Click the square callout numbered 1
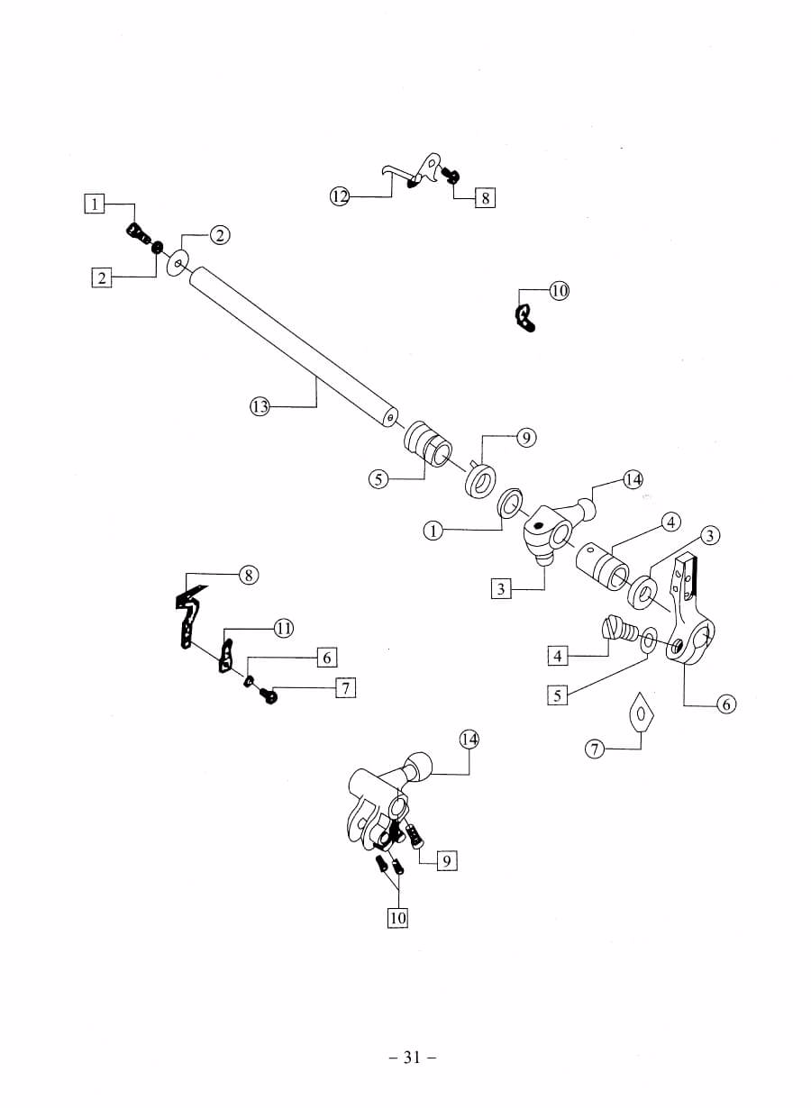(x=95, y=204)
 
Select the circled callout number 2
(x=220, y=236)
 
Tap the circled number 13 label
(x=260, y=407)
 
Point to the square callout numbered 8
(x=485, y=197)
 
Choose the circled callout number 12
(x=339, y=196)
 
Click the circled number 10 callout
(x=559, y=291)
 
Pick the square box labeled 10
(x=396, y=918)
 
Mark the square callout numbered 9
(x=445, y=861)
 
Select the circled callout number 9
(x=526, y=438)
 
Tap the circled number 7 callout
(x=594, y=749)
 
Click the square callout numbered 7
(x=344, y=688)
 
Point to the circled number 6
(x=726, y=704)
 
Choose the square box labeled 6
(x=326, y=658)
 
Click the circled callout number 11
(x=283, y=629)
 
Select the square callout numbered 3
(x=501, y=590)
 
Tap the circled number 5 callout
(x=379, y=480)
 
